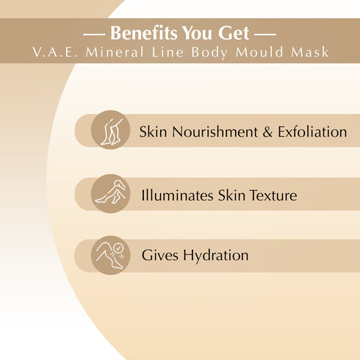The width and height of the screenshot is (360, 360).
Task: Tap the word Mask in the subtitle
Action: (306, 53)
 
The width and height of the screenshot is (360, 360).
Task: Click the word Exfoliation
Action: (312, 132)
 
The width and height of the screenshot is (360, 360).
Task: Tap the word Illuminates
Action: (177, 195)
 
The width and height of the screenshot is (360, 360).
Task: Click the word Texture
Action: (272, 195)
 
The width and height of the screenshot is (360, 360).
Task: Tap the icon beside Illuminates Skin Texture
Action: (110, 192)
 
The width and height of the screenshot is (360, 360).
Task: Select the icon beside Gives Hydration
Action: (110, 254)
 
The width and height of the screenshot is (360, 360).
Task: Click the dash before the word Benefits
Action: (95, 35)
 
